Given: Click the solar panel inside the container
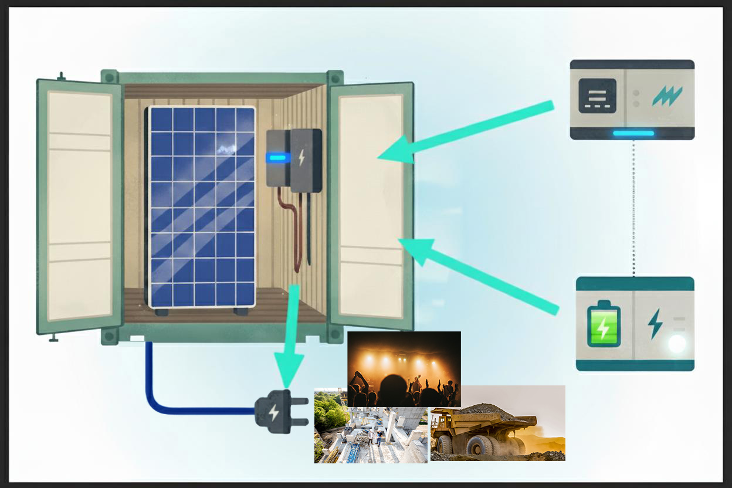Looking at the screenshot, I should click(x=202, y=206).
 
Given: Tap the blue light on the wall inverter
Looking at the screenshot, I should click(x=277, y=157).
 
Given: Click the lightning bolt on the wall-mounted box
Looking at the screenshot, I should click(x=302, y=157).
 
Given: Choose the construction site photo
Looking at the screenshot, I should click(x=371, y=435).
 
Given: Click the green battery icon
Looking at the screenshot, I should click(x=604, y=324).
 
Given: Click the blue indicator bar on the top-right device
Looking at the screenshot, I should click(x=633, y=133).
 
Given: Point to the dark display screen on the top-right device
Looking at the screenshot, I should click(x=597, y=96).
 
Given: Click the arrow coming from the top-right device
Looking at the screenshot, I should click(x=469, y=133).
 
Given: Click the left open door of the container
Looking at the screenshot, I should click(x=80, y=205).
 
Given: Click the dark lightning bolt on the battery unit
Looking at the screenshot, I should click(x=655, y=324).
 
